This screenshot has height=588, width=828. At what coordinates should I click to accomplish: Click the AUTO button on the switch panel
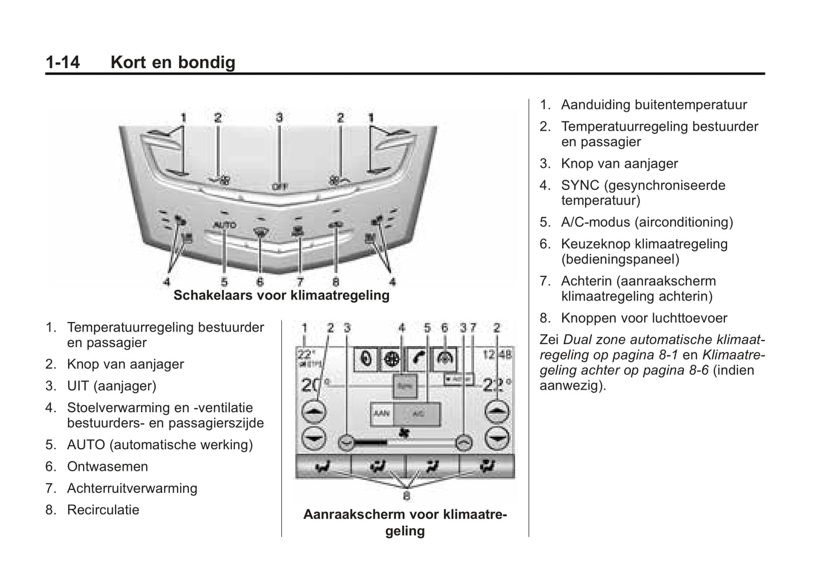click(x=224, y=225)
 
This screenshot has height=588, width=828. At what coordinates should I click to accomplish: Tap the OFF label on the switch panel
click(x=279, y=186)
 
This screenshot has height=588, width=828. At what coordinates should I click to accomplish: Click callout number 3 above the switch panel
click(x=279, y=117)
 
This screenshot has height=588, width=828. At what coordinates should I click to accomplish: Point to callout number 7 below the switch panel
click(x=300, y=281)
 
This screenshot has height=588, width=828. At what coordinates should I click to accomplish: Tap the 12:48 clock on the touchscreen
click(x=497, y=355)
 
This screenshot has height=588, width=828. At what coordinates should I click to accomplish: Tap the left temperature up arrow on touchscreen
click(x=313, y=411)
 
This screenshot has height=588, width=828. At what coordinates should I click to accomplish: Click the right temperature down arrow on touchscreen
click(x=497, y=438)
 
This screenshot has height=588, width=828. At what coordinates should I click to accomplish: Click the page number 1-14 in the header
click(x=62, y=62)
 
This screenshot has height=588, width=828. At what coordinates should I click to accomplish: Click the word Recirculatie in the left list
click(x=103, y=510)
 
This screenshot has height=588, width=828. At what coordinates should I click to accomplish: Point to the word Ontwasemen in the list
click(x=108, y=467)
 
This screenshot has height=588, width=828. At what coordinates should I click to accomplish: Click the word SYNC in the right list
click(x=580, y=186)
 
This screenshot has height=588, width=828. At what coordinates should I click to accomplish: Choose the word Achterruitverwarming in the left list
click(x=132, y=488)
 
